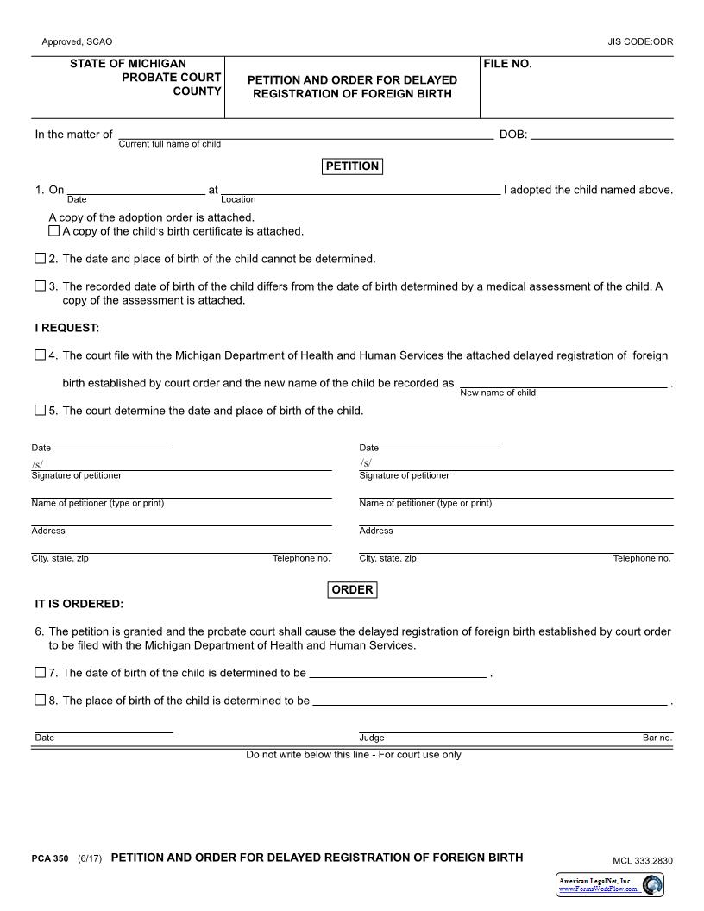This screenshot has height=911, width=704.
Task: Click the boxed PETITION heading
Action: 352,166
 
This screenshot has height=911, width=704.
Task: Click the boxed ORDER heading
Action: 352,590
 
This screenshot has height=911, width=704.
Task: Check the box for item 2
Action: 40,259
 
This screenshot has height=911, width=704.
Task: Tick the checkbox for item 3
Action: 40,286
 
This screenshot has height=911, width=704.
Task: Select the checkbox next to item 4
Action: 40,355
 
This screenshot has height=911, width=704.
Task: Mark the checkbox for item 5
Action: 40,411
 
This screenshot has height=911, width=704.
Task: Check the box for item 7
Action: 40,673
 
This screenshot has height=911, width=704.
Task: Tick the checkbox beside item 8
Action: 40,701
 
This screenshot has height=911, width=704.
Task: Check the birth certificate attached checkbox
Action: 54,231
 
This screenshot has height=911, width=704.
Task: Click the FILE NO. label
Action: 508,65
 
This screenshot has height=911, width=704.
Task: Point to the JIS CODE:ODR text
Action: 640,41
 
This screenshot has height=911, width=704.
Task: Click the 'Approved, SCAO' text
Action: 77,41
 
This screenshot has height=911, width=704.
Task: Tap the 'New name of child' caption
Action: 498,393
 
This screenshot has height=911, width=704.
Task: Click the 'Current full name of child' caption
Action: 169,144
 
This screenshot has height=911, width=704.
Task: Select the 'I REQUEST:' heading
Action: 67,328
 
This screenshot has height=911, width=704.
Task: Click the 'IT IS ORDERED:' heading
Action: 79,604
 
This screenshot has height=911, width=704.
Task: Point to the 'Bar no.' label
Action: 657,738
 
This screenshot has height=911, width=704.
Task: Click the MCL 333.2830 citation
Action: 642,860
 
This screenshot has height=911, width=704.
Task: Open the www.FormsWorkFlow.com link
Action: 598,889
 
